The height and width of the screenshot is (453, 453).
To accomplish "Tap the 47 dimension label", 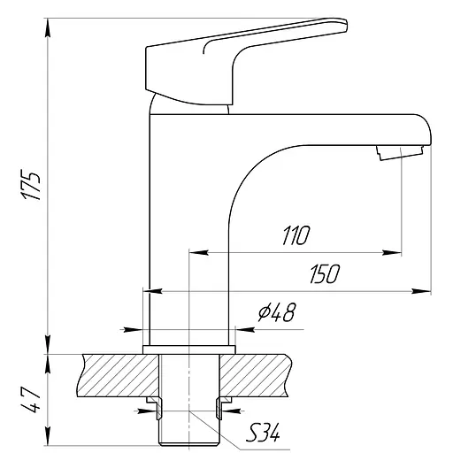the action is coord(30,400).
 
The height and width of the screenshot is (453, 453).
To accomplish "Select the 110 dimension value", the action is coord(296,235).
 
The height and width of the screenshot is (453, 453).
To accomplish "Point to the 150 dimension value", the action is coord(325,274).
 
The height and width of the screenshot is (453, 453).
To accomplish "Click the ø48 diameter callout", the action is coord(277,312).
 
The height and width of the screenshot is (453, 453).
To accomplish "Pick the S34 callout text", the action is coord(263,432).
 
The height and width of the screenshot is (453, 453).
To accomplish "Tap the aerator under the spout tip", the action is coord(400,153).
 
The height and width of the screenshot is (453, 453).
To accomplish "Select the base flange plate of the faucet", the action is coord(189,349).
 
